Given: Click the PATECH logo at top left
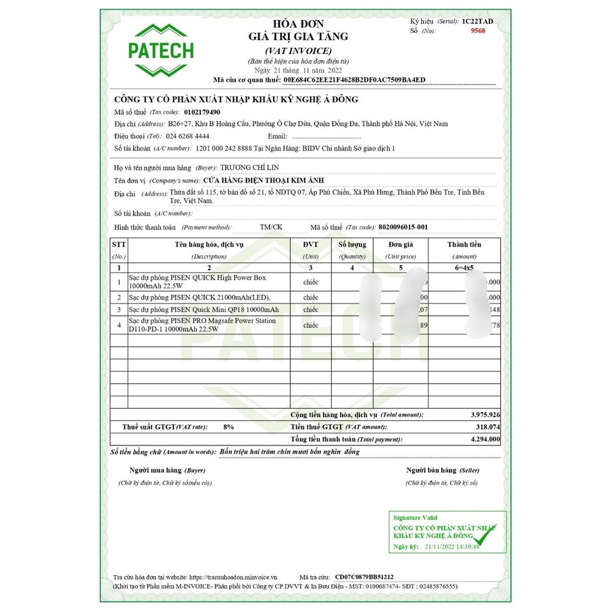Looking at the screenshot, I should click(161, 51).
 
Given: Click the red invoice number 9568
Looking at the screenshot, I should click(479, 31).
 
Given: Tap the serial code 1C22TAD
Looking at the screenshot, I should click(478, 22).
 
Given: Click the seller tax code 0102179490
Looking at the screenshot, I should click(202, 112).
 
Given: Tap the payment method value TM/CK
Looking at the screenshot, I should click(271, 227).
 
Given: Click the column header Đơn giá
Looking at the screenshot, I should click(400, 244).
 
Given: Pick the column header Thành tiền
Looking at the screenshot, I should click(464, 244).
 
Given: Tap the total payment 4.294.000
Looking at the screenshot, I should click(485, 439).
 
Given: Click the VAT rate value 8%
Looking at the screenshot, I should click(229, 426).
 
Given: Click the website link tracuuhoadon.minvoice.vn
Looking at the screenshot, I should click(229, 577).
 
